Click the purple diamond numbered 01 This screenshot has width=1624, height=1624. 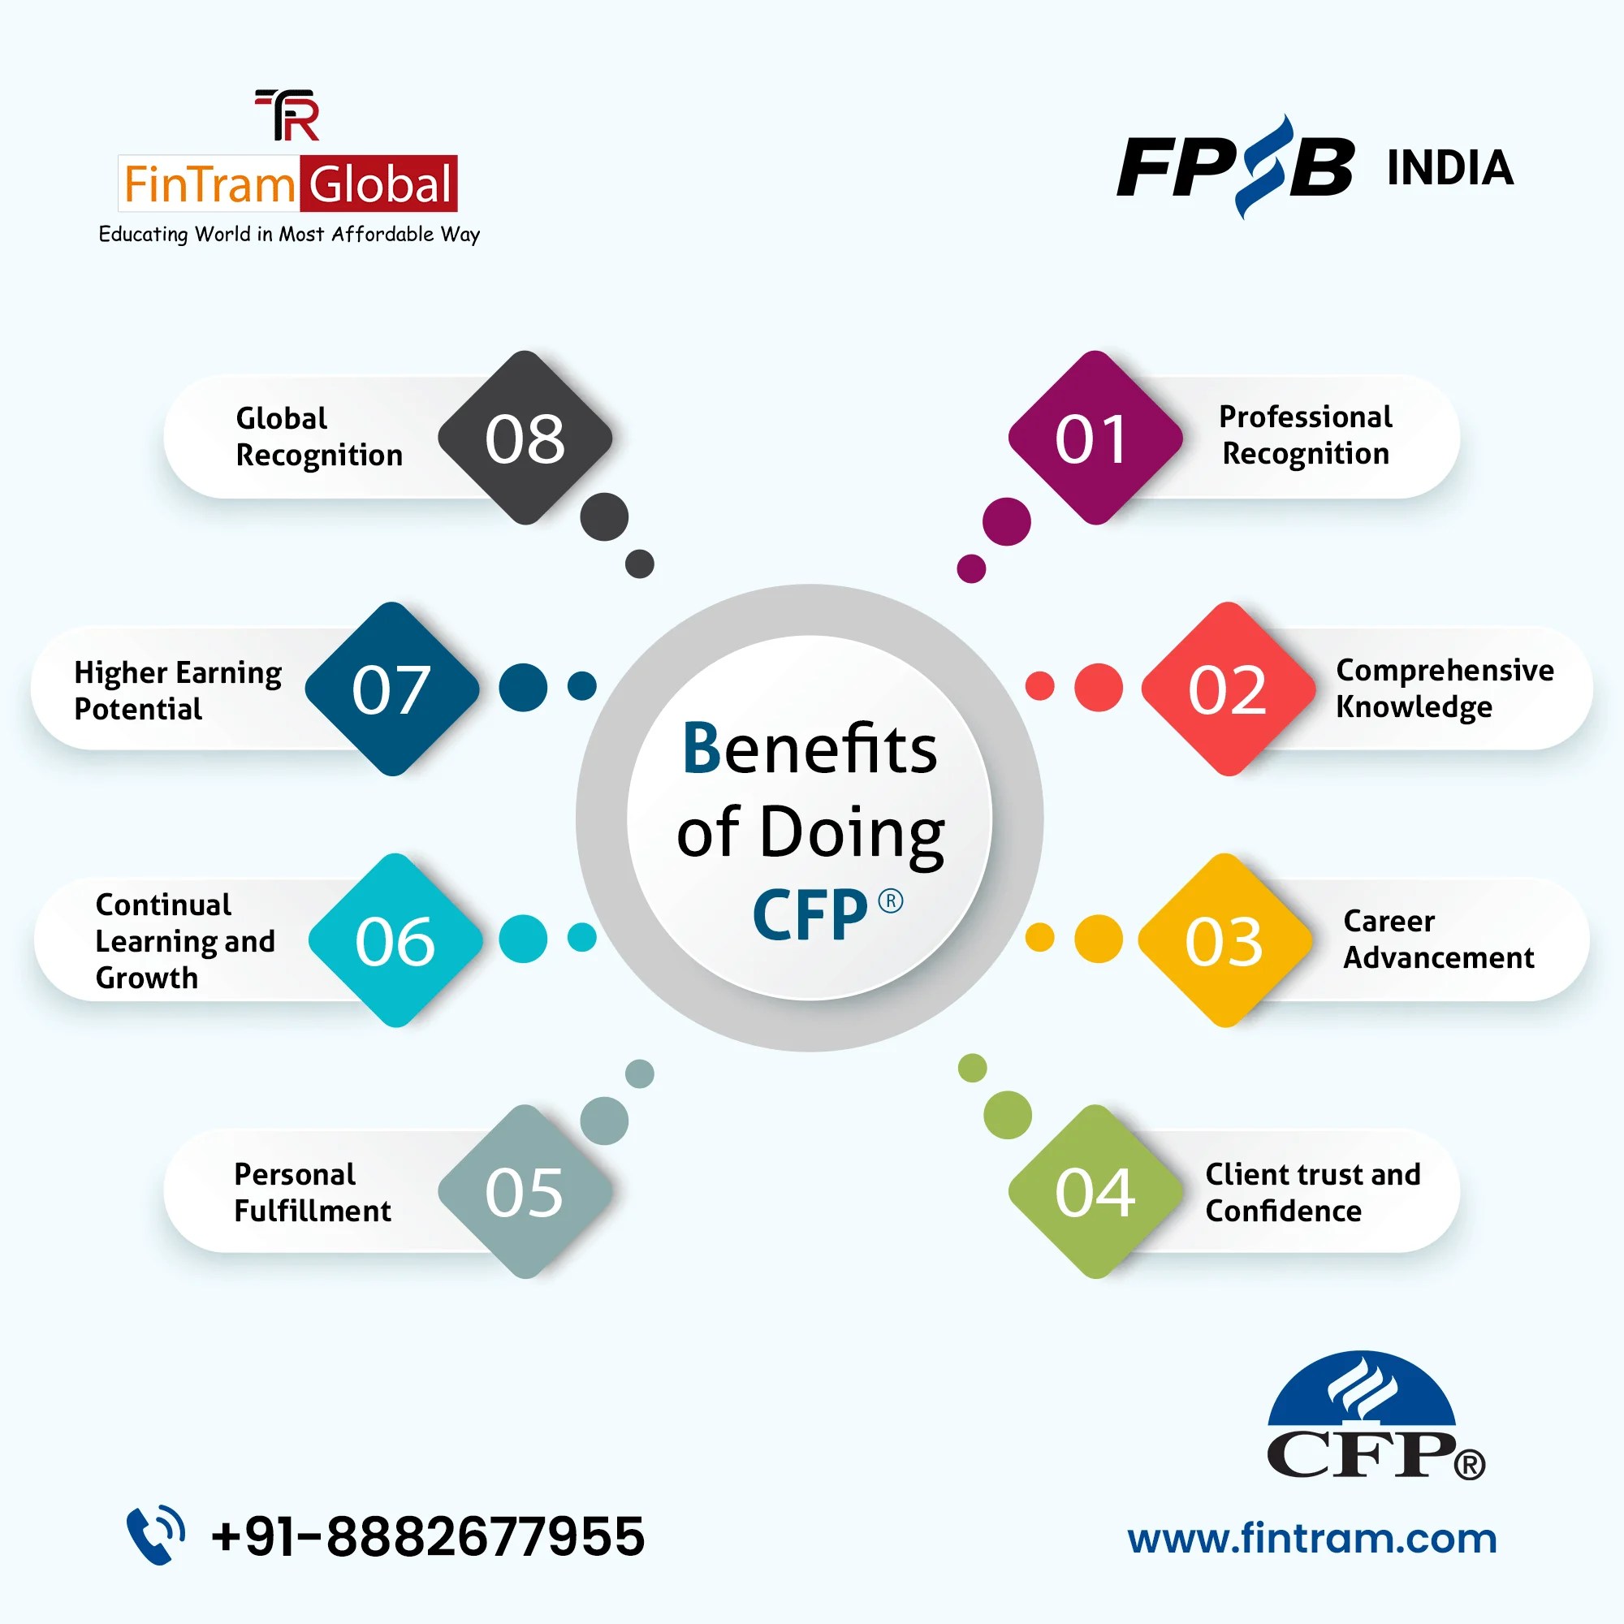(x=1095, y=438)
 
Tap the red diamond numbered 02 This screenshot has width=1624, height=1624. (x=1228, y=689)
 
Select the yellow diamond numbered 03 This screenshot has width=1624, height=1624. (x=1224, y=940)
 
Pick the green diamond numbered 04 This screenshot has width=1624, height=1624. (x=1095, y=1192)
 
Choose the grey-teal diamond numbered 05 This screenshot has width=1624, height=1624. (x=525, y=1192)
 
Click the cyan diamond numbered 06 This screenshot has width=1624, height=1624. (x=395, y=940)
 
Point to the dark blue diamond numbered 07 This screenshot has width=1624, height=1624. (x=391, y=689)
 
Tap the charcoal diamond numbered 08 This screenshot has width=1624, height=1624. (x=525, y=438)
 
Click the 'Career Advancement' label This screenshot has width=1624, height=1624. (x=1437, y=939)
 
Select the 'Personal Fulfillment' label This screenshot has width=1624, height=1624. (x=312, y=1192)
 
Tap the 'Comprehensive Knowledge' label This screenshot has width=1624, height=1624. (x=1444, y=689)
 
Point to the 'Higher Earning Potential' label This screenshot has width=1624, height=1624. (x=177, y=690)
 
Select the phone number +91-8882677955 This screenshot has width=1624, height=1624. (x=428, y=1535)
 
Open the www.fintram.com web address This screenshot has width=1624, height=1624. (x=1312, y=1538)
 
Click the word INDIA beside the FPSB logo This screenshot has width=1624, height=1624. (x=1450, y=168)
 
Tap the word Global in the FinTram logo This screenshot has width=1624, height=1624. (x=380, y=184)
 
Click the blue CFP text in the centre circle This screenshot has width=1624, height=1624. (x=810, y=914)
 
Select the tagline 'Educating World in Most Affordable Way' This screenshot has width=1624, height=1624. (x=289, y=235)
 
